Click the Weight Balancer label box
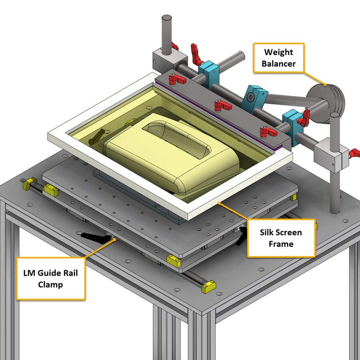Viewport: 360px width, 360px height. pyautogui.click(x=278, y=58)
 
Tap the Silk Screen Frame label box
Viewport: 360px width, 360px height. pyautogui.click(x=281, y=238)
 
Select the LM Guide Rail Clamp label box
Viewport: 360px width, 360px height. pyautogui.click(x=51, y=279)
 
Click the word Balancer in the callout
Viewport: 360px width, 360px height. pyautogui.click(x=278, y=64)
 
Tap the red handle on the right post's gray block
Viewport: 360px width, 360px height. pyautogui.click(x=354, y=152)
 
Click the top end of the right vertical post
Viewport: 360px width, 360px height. pyautogui.click(x=334, y=116)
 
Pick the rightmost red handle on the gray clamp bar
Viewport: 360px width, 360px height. pyautogui.click(x=266, y=131)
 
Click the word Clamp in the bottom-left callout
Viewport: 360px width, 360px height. pyautogui.click(x=50, y=284)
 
